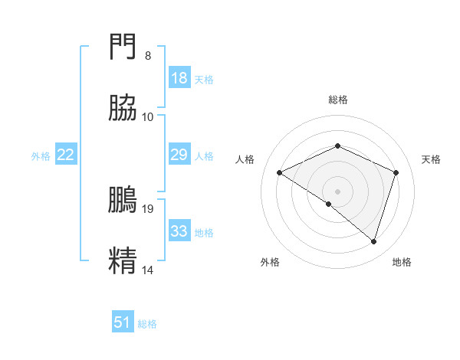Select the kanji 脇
(123, 110)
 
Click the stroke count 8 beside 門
(148, 55)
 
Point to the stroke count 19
(148, 208)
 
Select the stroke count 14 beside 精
(148, 270)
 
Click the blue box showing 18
(179, 78)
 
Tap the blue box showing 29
(179, 155)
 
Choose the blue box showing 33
(179, 231)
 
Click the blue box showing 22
(66, 155)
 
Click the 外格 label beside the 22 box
(41, 155)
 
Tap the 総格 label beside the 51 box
(147, 323)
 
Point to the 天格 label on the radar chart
(432, 159)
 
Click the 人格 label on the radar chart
(245, 159)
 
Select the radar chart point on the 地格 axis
(374, 241)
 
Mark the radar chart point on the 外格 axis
(329, 204)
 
